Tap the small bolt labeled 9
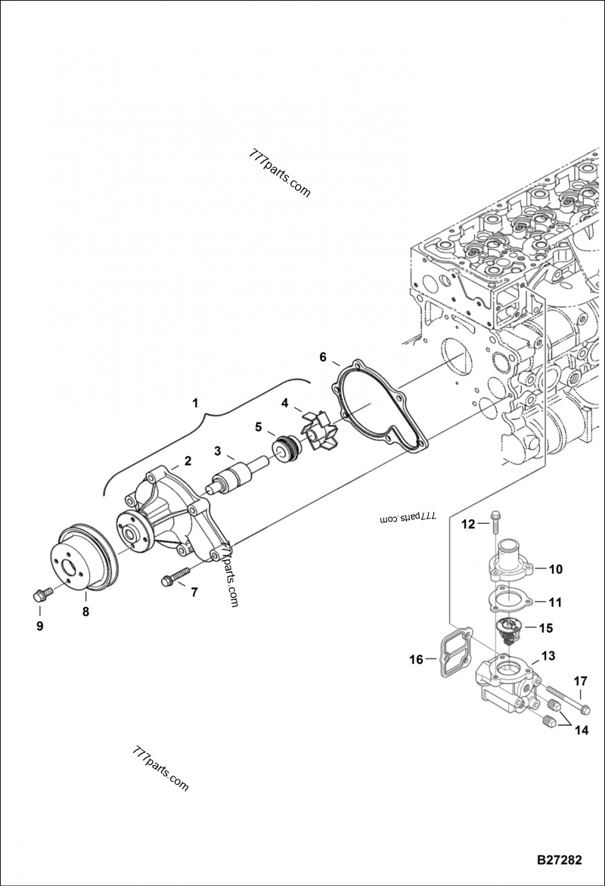point(42,593)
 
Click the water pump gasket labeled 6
point(378,408)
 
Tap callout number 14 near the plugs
point(580,730)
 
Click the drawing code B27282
point(559,860)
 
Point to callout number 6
point(323,357)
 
